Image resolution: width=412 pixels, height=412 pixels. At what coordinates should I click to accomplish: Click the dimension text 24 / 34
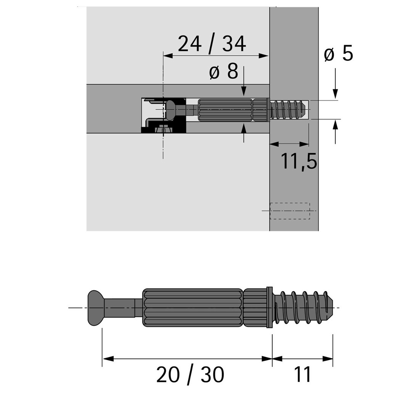coord(212,44)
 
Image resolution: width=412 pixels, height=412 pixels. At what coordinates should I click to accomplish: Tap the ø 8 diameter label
coord(224,71)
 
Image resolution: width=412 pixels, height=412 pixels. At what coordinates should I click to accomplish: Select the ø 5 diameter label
coord(338,54)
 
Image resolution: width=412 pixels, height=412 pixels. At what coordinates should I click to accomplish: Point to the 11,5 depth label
coord(299,161)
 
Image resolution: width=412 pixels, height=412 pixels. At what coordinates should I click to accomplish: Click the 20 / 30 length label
coord(190,375)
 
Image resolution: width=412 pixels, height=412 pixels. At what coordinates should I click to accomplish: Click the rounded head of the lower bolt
coord(96,308)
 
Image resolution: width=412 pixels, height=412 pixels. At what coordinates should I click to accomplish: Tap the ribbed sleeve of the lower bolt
coord(193,308)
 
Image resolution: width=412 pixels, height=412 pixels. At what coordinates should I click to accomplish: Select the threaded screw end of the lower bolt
coord(304,307)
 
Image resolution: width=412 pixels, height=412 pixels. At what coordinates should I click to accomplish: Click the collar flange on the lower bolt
coord(269,307)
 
